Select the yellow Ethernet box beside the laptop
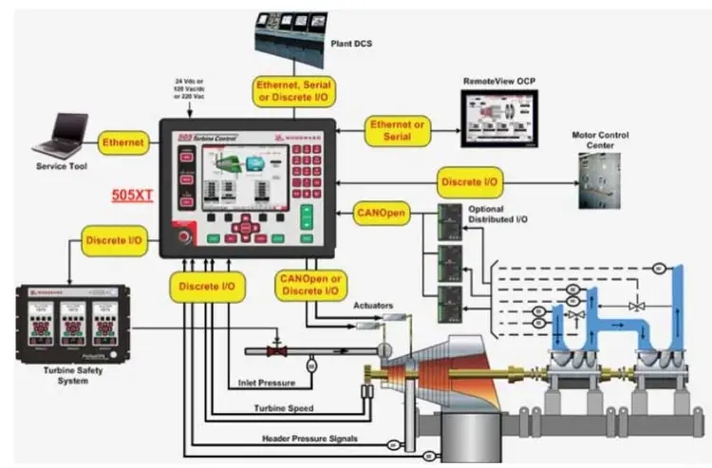(123, 143)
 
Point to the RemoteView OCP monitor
(498, 122)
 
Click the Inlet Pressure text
(266, 384)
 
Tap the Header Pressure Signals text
(309, 439)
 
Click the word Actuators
(375, 305)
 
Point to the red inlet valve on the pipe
(278, 350)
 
